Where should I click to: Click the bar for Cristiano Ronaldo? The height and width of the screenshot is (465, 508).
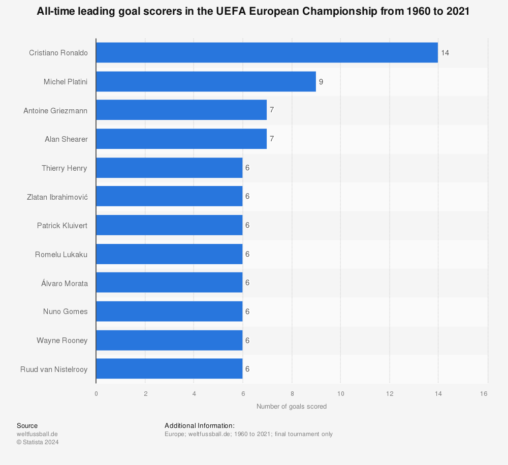click(267, 52)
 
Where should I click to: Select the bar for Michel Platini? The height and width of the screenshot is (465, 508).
click(206, 81)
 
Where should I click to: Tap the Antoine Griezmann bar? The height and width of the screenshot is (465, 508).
click(181, 110)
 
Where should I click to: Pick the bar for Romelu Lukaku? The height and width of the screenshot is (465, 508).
click(169, 254)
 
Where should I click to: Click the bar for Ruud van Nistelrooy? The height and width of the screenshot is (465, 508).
click(169, 369)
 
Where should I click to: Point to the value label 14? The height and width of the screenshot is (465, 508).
click(445, 52)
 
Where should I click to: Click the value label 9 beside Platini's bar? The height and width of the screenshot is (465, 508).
click(321, 81)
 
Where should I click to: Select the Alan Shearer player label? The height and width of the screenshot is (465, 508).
click(66, 139)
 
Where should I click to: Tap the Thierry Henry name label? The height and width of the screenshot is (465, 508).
click(65, 168)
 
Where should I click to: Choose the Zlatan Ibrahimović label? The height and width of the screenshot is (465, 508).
click(57, 196)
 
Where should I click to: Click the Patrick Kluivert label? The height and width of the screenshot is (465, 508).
click(62, 225)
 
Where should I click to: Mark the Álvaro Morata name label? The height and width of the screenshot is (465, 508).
click(65, 283)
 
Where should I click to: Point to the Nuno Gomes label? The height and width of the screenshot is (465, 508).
click(65, 312)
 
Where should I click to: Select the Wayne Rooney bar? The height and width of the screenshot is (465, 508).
click(169, 340)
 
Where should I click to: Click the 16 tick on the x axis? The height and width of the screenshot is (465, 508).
click(484, 393)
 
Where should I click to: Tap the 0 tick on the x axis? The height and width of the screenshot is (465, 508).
click(96, 393)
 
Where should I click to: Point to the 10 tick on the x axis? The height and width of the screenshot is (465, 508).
click(341, 393)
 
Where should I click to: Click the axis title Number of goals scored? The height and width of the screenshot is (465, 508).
click(292, 407)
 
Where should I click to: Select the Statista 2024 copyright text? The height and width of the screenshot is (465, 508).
click(38, 442)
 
